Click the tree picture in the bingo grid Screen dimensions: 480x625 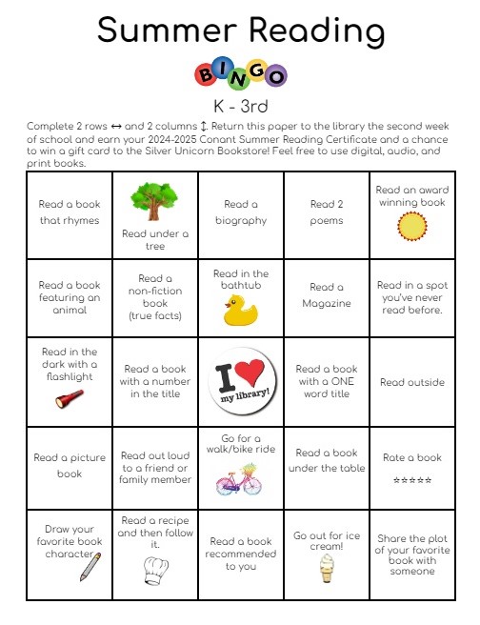154,201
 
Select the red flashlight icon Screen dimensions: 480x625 70,398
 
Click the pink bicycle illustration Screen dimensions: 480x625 241,479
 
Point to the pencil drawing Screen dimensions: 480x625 90,566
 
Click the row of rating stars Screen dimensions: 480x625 411,480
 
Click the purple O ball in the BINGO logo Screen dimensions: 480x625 276,75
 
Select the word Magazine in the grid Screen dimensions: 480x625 327,304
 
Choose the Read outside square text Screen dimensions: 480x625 411,383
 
